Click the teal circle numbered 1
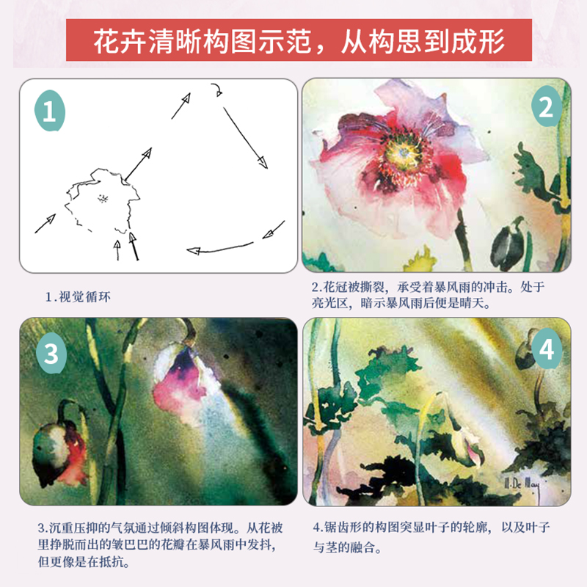[50, 112]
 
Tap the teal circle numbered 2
[545, 108]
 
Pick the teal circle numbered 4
[546, 351]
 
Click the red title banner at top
[298, 40]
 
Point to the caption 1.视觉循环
[82, 296]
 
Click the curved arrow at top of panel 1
[217, 90]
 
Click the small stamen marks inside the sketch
[103, 197]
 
